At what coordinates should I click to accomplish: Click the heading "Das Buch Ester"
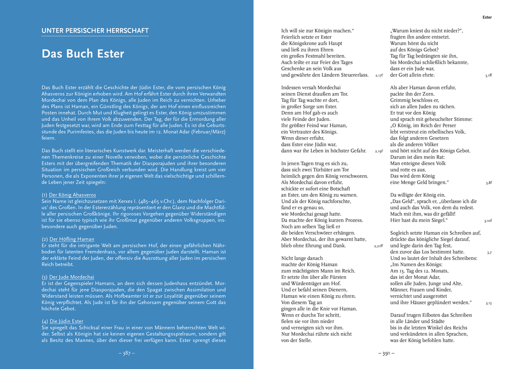83,54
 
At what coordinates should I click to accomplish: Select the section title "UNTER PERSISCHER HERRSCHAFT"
95,31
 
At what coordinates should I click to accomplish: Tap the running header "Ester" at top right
487,17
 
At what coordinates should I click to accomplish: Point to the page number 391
386,354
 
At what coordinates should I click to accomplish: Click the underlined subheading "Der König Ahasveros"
72,195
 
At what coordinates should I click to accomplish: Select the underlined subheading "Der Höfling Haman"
72,239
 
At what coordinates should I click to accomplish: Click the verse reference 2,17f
379,75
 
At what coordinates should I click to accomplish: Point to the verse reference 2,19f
379,151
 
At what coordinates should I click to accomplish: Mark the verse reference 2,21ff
378,246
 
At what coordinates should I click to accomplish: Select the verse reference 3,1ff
488,75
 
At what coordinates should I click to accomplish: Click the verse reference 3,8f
489,183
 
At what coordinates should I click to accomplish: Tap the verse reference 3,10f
488,221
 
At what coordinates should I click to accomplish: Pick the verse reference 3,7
489,252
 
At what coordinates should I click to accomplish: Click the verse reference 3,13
489,303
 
